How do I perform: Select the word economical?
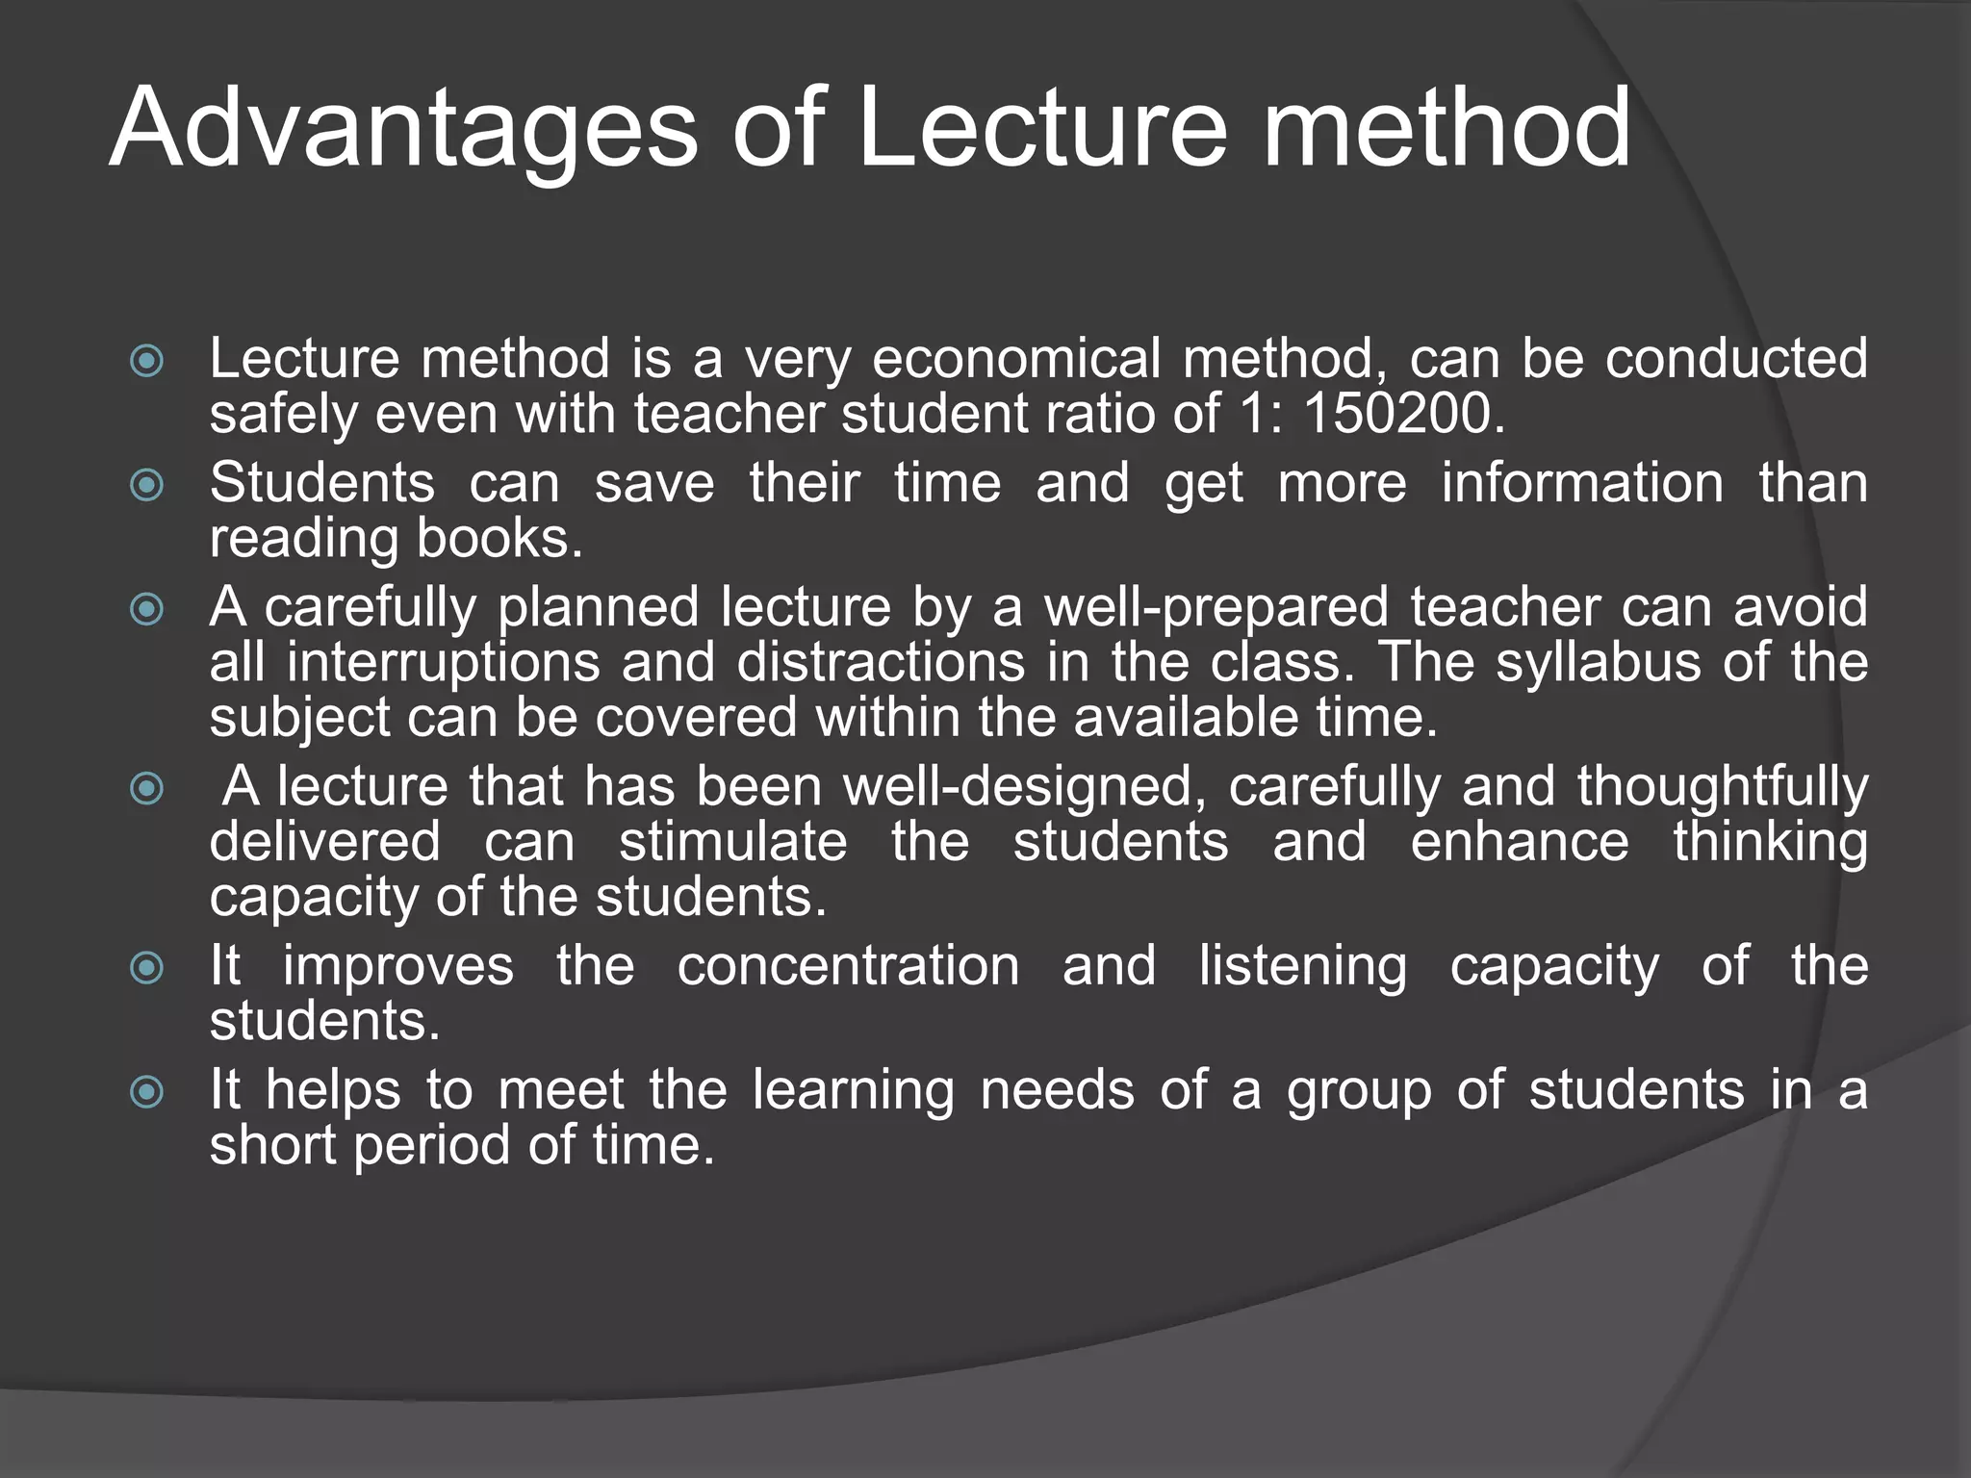[1015, 359]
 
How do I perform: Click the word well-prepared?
[1216, 607]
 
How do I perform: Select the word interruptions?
[443, 663]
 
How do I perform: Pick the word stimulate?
[732, 842]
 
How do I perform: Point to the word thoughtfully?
[1722, 786]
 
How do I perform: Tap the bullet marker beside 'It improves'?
[146, 967]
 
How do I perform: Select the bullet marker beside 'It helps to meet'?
[146, 1092]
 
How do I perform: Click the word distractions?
[881, 663]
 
